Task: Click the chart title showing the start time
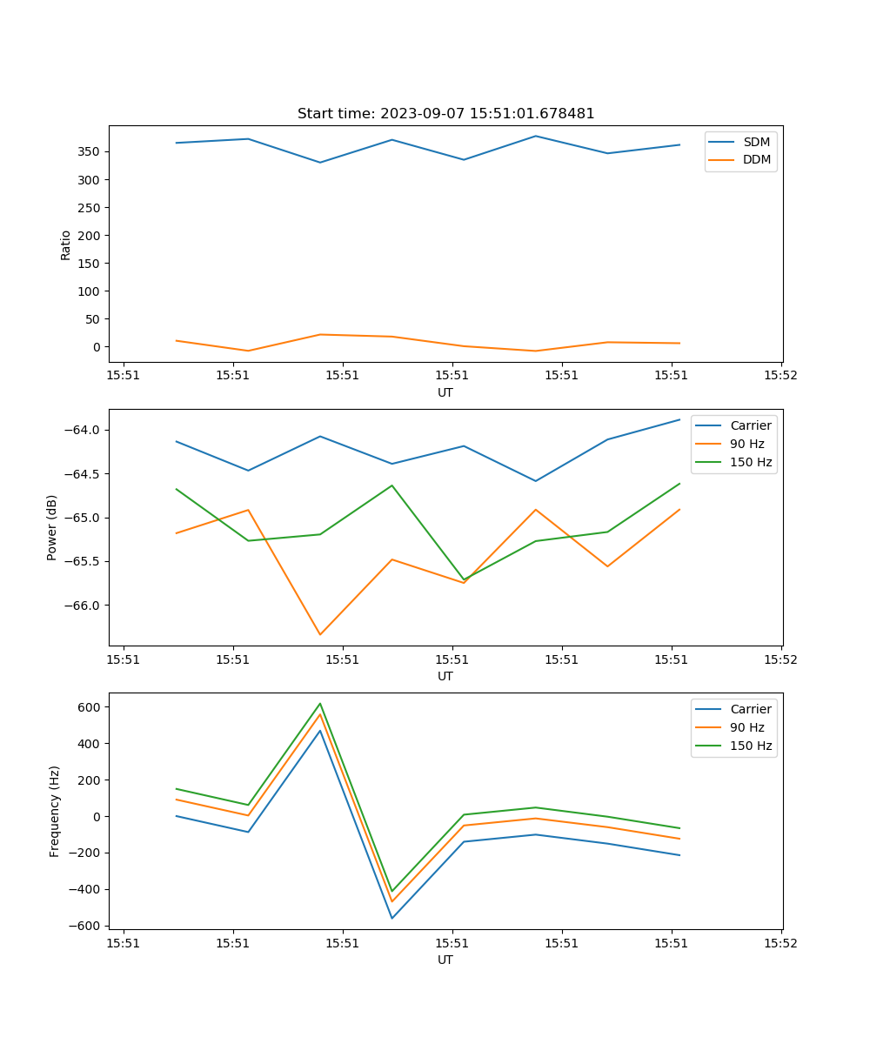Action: [x=445, y=114]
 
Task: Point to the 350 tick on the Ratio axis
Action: [x=89, y=151]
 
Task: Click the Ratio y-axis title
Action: [x=66, y=244]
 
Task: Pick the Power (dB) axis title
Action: [x=53, y=527]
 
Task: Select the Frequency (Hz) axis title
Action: [x=55, y=811]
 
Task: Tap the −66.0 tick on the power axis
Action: [x=81, y=606]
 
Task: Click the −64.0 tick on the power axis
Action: [x=81, y=430]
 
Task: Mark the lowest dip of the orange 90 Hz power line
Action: [x=320, y=634]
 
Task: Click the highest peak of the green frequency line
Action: [x=320, y=704]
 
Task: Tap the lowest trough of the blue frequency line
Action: [x=392, y=918]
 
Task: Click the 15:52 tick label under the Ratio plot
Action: [x=780, y=376]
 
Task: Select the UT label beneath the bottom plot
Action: [x=445, y=960]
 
